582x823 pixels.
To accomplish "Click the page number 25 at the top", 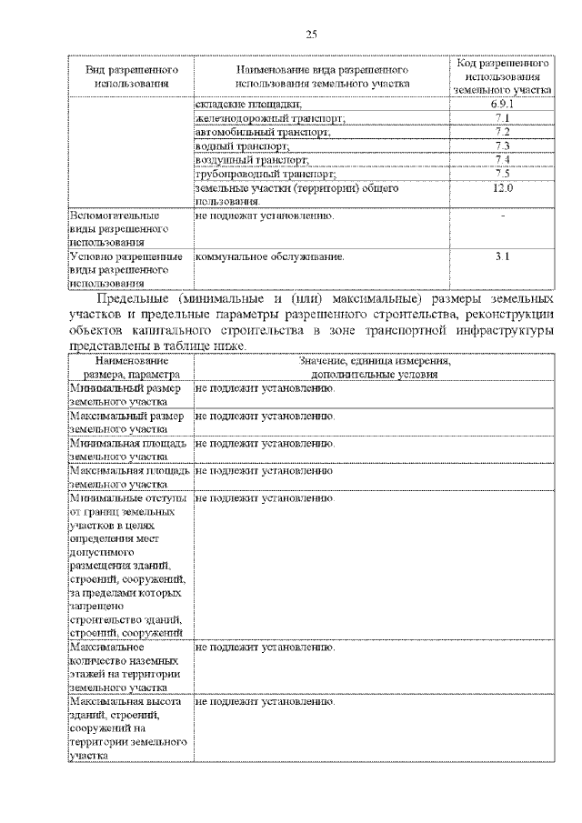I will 311,35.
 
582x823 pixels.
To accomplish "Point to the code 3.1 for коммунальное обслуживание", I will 502,257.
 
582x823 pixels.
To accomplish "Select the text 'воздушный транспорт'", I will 245,160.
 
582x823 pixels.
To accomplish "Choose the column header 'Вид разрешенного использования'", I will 132,76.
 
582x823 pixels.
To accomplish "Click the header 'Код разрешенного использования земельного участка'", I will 502,77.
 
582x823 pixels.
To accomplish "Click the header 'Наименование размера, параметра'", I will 132,367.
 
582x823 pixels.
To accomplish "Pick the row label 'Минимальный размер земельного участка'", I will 126,396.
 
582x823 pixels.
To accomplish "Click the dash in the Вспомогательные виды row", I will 502,216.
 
